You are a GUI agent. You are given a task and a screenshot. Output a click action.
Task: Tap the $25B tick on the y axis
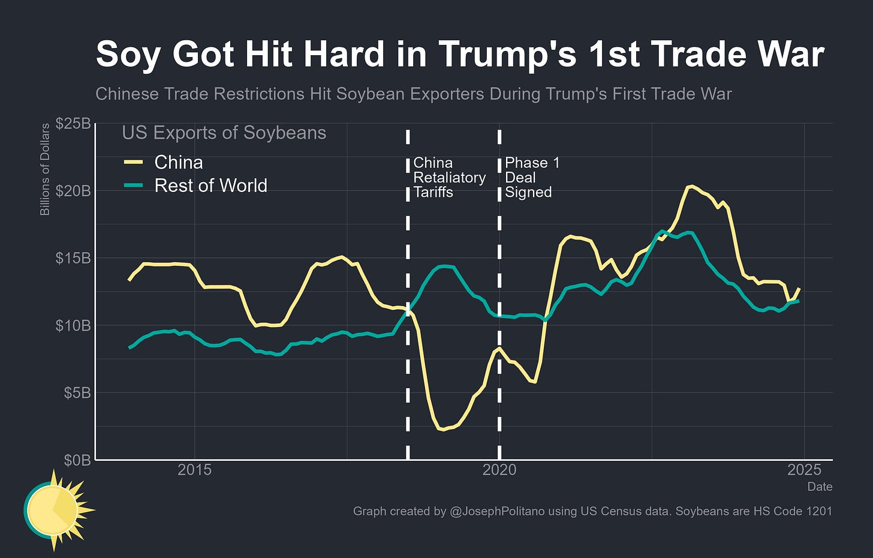pos(73,124)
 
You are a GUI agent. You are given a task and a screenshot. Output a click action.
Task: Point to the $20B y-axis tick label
pos(73,191)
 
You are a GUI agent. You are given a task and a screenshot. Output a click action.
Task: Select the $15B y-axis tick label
pos(73,258)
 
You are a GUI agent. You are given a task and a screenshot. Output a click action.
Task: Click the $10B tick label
pos(73,325)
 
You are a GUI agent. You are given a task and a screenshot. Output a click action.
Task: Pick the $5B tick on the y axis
pos(76,392)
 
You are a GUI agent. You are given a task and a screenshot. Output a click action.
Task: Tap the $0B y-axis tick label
pos(76,460)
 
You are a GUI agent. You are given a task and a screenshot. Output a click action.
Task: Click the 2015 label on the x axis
pos(194,470)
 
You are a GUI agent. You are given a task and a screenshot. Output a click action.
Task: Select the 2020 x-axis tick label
pos(499,470)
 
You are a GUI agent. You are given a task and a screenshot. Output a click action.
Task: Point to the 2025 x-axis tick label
pos(803,470)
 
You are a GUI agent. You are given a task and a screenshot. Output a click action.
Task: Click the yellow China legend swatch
pos(133,163)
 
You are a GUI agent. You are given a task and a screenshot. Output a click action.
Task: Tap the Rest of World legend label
pos(210,186)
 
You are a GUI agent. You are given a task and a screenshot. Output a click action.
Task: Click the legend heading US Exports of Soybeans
pos(224,133)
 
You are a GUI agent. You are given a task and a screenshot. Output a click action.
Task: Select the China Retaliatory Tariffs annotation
pos(449,178)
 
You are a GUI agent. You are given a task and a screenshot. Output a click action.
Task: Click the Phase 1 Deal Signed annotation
pos(532,178)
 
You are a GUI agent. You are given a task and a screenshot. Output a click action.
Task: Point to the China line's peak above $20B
pos(691,186)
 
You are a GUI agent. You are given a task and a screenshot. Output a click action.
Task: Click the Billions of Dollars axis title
pos(45,170)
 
